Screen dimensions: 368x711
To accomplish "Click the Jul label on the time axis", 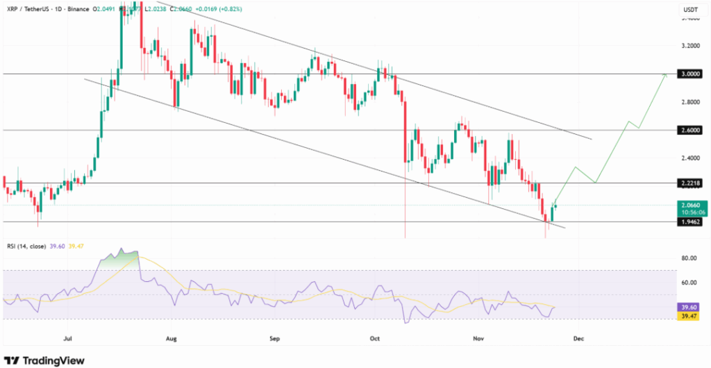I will (x=67, y=340).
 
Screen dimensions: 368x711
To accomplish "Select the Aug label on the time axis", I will (x=172, y=340).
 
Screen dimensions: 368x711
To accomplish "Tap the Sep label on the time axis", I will (x=274, y=340).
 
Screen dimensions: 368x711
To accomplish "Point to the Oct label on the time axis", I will (x=375, y=340).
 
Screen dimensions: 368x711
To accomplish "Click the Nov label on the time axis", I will (x=478, y=340).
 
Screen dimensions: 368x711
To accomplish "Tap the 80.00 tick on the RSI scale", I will (x=689, y=258).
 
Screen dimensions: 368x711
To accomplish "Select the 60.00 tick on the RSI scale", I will (x=689, y=283).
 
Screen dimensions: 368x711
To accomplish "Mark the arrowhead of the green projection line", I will (x=665, y=74).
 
